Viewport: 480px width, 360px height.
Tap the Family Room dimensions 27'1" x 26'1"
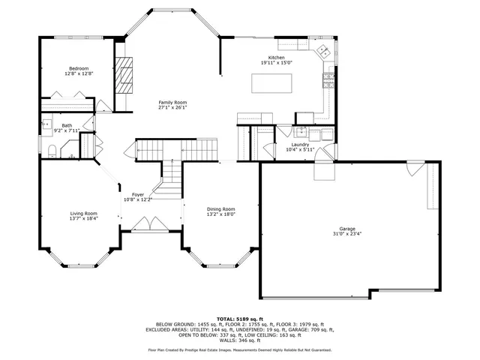pos(172,107)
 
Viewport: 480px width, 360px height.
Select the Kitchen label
pos(277,58)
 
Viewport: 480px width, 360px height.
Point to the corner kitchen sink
pos(324,52)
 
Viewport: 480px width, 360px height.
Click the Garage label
pos(346,229)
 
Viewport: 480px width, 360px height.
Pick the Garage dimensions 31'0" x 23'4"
pos(346,234)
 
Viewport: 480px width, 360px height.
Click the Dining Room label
pos(221,208)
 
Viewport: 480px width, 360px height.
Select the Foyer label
pos(138,195)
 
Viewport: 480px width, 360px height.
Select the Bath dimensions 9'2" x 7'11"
pos(67,130)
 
